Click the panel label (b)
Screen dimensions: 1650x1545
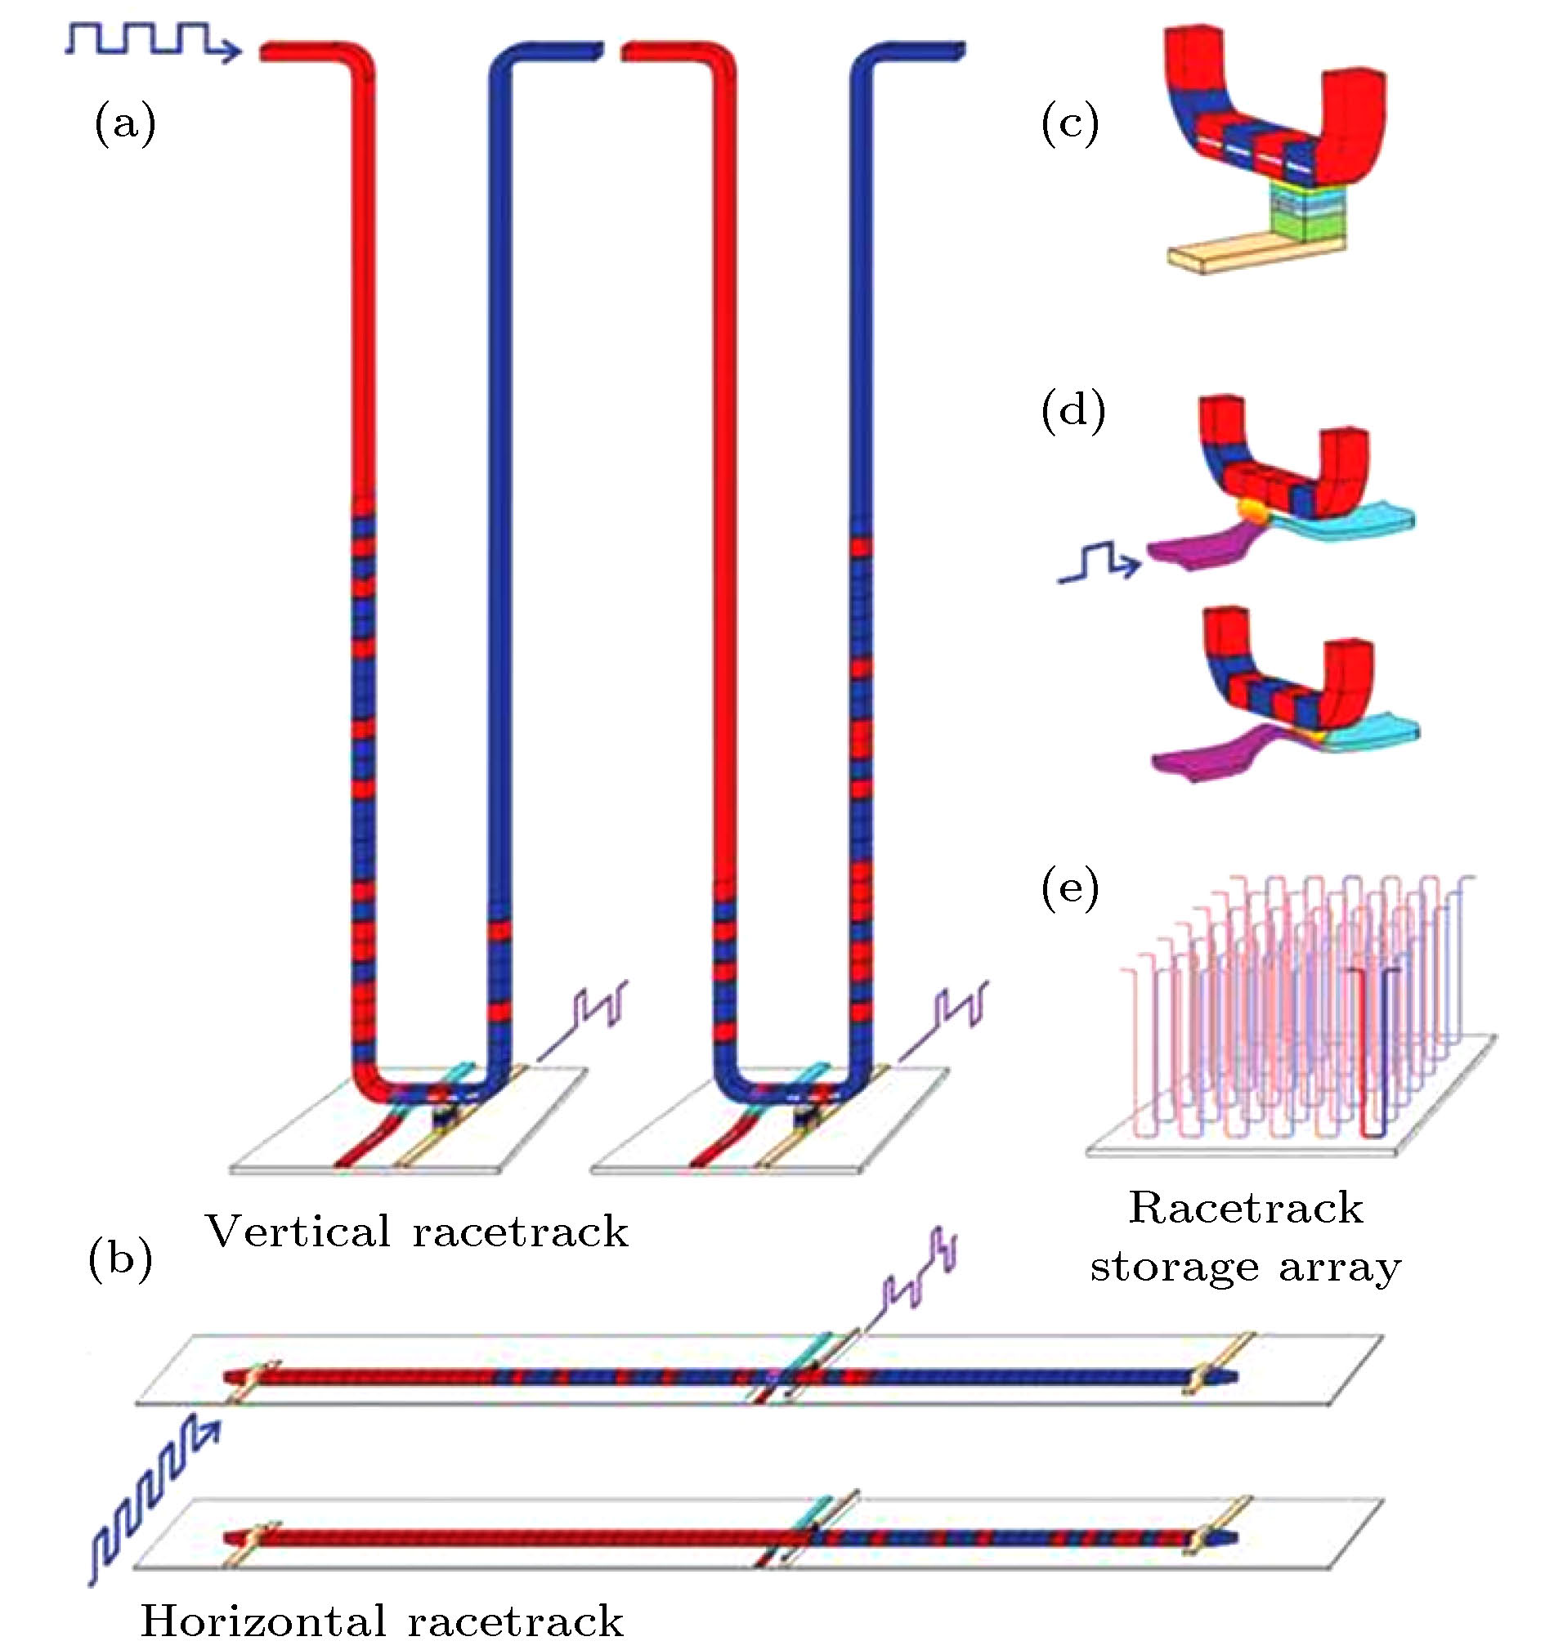[x=120, y=1260]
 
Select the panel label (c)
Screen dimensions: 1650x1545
[x=1070, y=124]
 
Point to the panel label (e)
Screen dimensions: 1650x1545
[x=1070, y=888]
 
